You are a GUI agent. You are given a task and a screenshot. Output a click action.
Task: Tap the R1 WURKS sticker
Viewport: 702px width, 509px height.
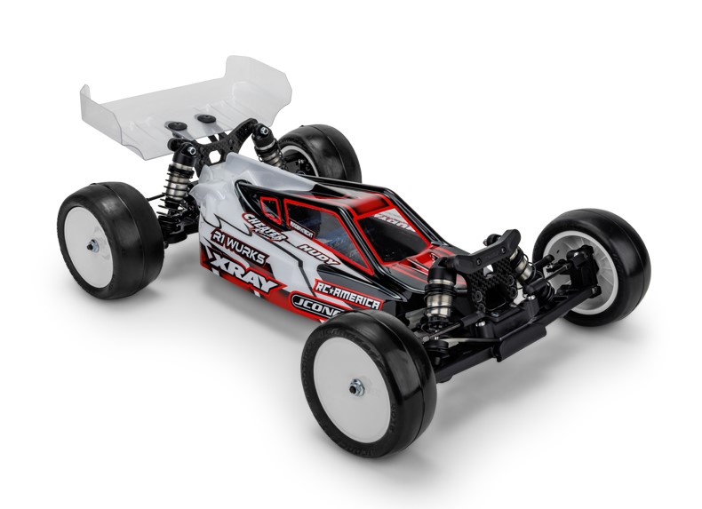point(239,244)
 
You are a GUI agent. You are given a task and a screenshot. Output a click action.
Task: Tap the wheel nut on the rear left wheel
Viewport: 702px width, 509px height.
point(93,245)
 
